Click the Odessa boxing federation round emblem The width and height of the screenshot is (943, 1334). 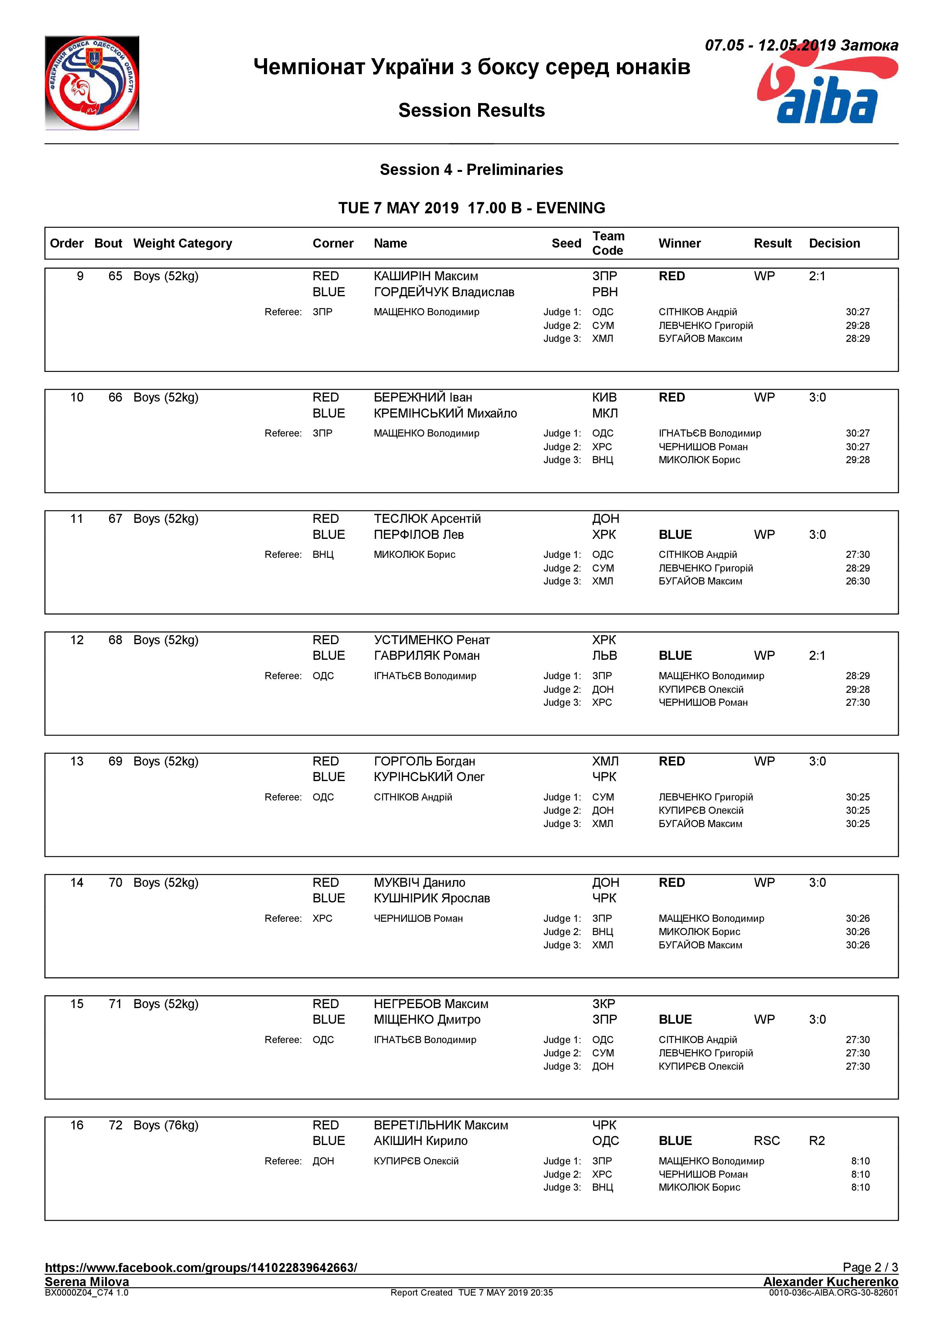pos(92,83)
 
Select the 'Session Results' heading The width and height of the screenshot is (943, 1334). pos(471,110)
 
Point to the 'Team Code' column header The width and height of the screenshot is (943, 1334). pos(608,243)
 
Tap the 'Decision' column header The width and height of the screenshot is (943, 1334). pos(834,243)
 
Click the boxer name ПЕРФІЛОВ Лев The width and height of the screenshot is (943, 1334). pos(418,535)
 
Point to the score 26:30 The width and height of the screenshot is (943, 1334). pos(857,581)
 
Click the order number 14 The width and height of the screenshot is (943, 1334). pos(77,883)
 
